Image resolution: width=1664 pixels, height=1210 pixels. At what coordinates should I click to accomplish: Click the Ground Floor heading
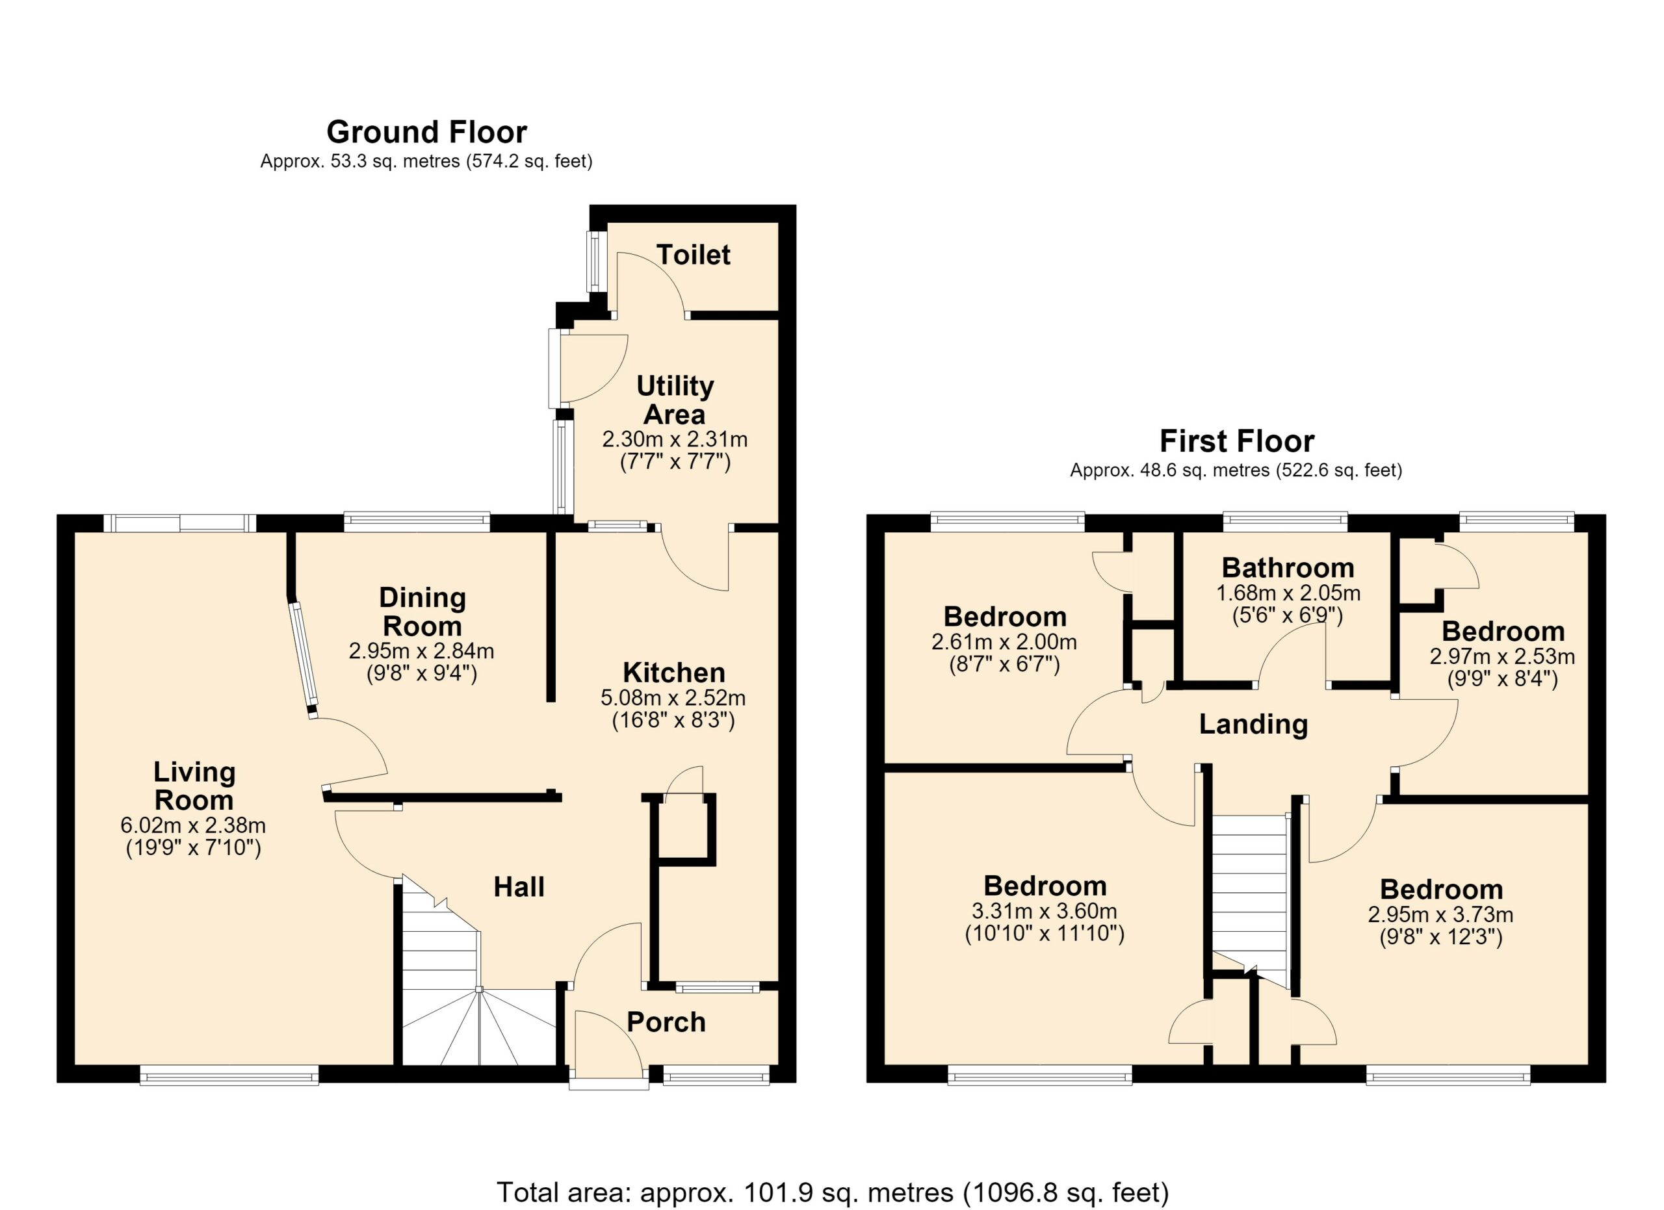426,132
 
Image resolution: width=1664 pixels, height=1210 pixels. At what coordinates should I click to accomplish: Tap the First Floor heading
1236,441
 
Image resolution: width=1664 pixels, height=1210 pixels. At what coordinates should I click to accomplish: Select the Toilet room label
694,255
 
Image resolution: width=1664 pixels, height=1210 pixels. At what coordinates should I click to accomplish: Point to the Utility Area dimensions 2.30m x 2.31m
674,439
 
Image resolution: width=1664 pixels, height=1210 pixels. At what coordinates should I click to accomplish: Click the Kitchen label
673,672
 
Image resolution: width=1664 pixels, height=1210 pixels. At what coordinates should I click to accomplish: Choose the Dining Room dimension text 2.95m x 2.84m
421,650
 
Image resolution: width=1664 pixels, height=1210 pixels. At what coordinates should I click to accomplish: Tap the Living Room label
194,786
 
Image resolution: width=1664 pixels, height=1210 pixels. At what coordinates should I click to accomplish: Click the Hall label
519,886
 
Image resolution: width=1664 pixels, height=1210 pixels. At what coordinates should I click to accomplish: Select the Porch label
666,1022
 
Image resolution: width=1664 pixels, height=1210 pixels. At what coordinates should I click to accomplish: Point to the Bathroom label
1288,567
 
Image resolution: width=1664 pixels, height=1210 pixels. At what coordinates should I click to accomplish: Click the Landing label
1253,724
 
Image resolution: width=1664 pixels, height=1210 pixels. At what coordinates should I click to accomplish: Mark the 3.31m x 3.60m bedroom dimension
1044,912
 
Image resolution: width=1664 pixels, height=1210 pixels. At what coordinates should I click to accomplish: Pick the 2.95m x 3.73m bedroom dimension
1440,914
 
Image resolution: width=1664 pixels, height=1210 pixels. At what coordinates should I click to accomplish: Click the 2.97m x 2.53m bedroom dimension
1502,656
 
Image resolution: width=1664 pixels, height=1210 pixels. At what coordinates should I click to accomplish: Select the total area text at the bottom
832,1192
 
